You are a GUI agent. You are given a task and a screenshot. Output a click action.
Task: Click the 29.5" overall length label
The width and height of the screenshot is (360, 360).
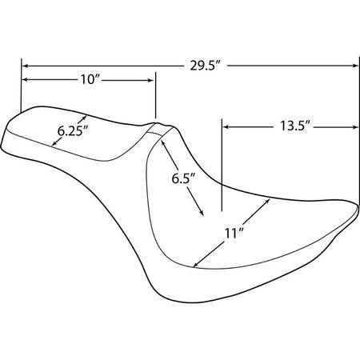205,66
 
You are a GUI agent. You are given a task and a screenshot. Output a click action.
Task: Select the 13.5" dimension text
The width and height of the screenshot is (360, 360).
295,126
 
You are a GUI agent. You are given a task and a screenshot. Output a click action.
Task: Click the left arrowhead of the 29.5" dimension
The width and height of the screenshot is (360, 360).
25,66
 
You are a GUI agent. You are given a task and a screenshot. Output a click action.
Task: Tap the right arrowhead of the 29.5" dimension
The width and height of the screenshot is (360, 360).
356,66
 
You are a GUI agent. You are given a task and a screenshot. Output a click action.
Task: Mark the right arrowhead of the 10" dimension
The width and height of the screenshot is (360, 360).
151,80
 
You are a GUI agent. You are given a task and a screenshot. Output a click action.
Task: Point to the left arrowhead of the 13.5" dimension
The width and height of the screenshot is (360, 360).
226,127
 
